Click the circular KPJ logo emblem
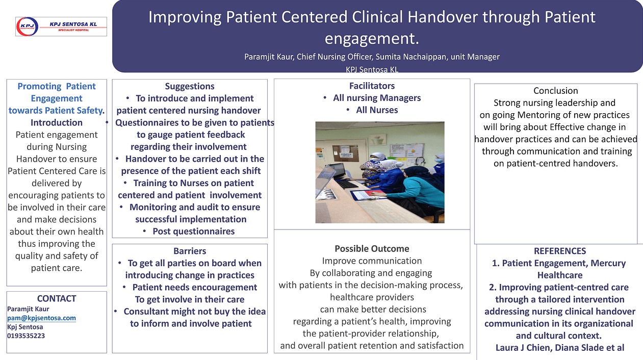[27, 27]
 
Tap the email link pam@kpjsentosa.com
[42, 318]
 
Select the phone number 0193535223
[26, 336]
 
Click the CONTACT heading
[57, 299]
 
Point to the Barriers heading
[190, 251]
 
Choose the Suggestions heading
[190, 86]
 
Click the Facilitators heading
[372, 86]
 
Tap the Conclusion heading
[556, 91]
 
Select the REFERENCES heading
[560, 251]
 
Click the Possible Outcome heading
[372, 249]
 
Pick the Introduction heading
[57, 122]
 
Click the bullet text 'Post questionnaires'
[193, 232]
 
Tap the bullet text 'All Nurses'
[377, 110]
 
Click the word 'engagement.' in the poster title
[372, 38]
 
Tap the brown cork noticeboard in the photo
[346, 153]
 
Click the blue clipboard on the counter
[368, 195]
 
